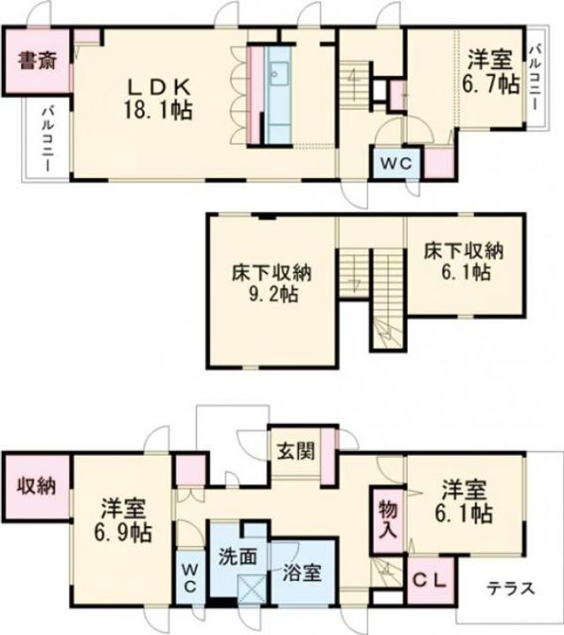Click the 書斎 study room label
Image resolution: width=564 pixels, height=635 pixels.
coord(37,61)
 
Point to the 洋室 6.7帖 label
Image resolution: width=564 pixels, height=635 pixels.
coord(491,72)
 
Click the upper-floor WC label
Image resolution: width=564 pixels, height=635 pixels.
coord(396,164)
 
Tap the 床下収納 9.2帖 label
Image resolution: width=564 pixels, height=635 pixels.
coord(272,283)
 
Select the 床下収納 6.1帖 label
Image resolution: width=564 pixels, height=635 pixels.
coord(464,262)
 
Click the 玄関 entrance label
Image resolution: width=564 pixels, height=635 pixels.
coord(297,451)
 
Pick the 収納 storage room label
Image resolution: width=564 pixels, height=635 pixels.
coord(36,486)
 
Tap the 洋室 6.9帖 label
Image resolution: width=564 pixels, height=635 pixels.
coord(124,521)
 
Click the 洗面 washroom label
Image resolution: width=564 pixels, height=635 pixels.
coord(237,557)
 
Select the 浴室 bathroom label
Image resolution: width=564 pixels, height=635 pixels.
coord(302,572)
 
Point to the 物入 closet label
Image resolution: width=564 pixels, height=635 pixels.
coord(387,519)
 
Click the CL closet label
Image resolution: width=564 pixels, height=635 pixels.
coord(430,580)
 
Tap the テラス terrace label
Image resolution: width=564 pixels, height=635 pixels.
coord(510,588)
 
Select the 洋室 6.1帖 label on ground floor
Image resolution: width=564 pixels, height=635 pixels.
coord(464,501)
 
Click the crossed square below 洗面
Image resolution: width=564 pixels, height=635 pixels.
coord(252,589)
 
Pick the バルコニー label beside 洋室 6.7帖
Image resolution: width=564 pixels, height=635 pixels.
coord(535,78)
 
